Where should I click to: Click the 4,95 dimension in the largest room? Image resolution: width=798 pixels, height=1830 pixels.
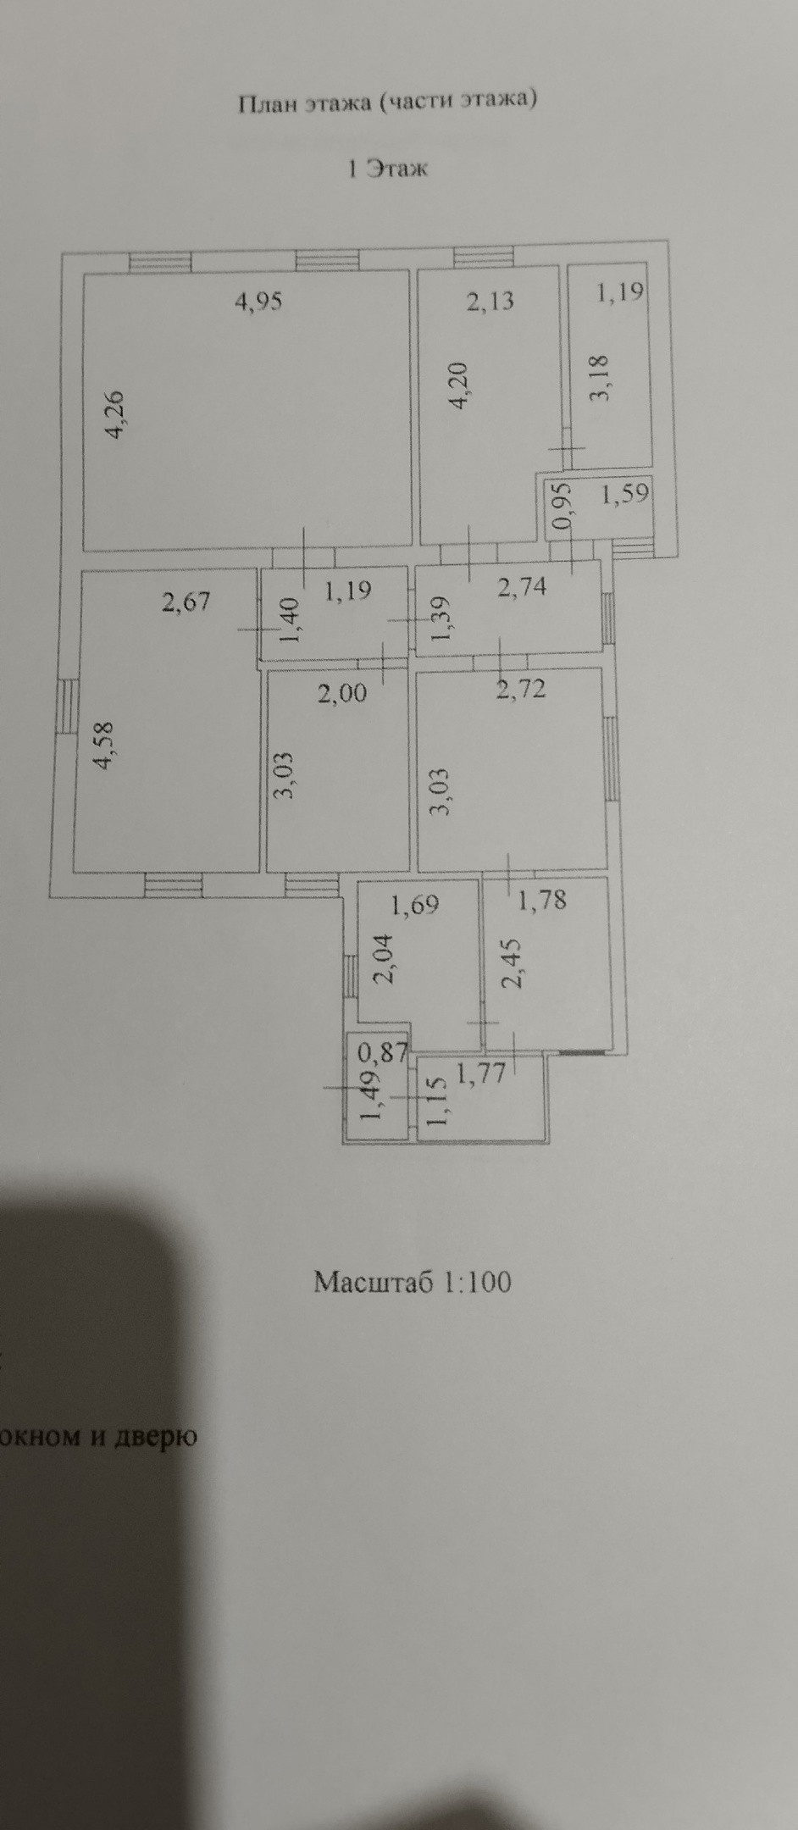(x=258, y=301)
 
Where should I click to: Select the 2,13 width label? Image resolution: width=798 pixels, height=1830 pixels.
(x=490, y=301)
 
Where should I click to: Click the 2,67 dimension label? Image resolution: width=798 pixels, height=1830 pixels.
(x=186, y=602)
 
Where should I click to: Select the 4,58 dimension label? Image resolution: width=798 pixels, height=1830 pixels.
(x=105, y=745)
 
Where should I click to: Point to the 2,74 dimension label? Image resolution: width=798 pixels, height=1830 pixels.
(x=522, y=586)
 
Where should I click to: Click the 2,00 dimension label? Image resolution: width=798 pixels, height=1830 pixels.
(x=342, y=693)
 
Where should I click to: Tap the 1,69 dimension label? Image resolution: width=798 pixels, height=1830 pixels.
(x=414, y=905)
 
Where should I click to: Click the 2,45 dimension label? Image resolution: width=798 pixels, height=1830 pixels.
(x=512, y=963)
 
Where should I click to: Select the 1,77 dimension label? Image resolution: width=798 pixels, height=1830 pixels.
(x=481, y=1074)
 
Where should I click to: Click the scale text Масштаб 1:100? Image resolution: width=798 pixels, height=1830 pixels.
(x=413, y=1282)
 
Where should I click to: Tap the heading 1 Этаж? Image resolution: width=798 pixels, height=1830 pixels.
(x=388, y=168)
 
